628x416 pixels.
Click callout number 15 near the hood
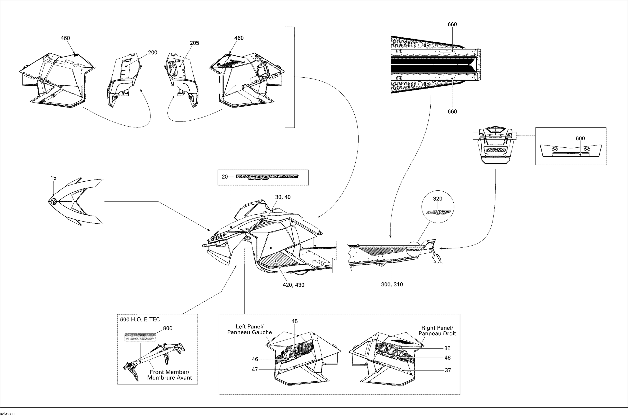point(53,178)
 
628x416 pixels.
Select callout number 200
point(152,53)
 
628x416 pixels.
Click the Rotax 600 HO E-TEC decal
point(267,177)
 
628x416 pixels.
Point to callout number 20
point(225,177)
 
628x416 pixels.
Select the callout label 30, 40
point(283,197)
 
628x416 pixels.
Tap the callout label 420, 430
point(293,285)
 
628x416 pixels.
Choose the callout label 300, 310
point(392,285)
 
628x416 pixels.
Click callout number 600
point(580,138)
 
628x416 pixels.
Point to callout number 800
point(167,328)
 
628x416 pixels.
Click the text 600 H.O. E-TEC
point(140,319)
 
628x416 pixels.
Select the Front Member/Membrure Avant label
point(169,375)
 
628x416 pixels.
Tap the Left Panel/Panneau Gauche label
point(250,329)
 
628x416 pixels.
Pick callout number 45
point(295,321)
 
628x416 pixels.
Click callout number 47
point(255,369)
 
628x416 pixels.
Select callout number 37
point(448,370)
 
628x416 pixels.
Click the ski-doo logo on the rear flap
point(496,150)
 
